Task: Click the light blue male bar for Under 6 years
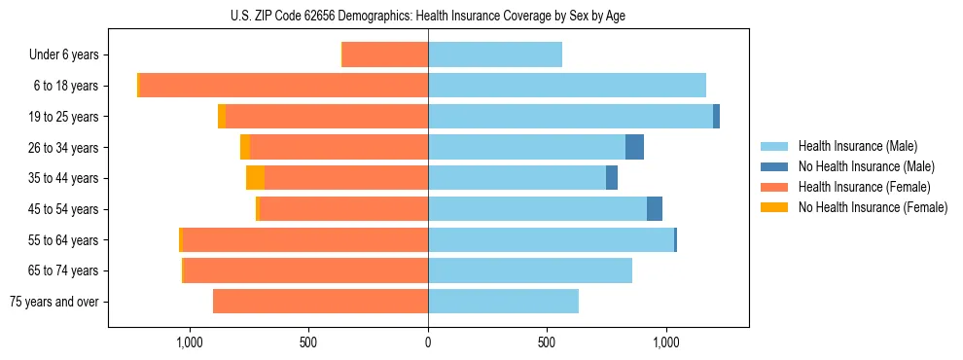494,54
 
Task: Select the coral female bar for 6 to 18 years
284,86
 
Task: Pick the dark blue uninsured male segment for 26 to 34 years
634,147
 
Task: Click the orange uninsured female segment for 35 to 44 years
255,178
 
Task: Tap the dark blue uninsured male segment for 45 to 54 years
655,208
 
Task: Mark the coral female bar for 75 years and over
320,302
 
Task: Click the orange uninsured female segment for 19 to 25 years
222,117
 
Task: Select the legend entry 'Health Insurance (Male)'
856,146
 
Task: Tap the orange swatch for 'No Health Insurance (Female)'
774,207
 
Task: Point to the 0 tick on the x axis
428,342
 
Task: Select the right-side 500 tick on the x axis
547,342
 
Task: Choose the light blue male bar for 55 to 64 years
551,239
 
